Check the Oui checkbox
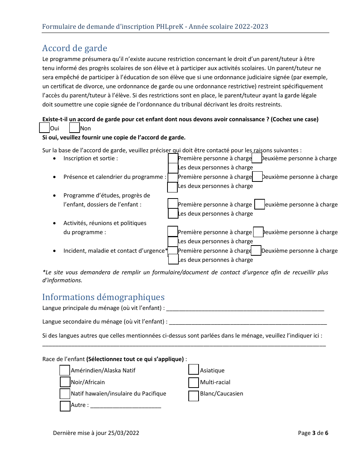[44, 128]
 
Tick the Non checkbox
[75, 128]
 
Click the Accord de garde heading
[75, 48]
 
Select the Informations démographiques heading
[103, 297]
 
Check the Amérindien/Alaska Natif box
[65, 370]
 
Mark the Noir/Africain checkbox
[65, 382]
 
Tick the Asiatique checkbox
[194, 369]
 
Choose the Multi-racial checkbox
[194, 382]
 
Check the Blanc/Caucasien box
[194, 396]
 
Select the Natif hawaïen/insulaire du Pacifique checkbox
[65, 394]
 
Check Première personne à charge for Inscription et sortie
[173, 158]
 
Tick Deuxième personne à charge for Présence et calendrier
[257, 177]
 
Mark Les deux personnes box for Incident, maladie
[173, 259]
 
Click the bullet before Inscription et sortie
[55, 158]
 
